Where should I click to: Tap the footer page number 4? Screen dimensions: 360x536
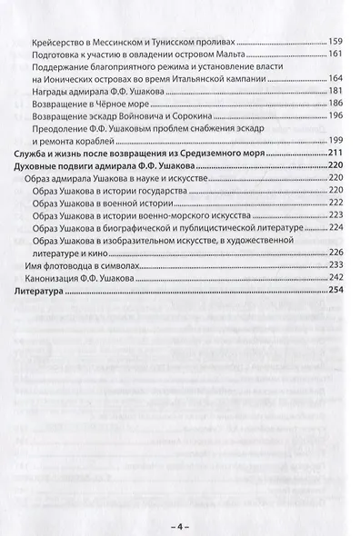pos(180,523)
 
